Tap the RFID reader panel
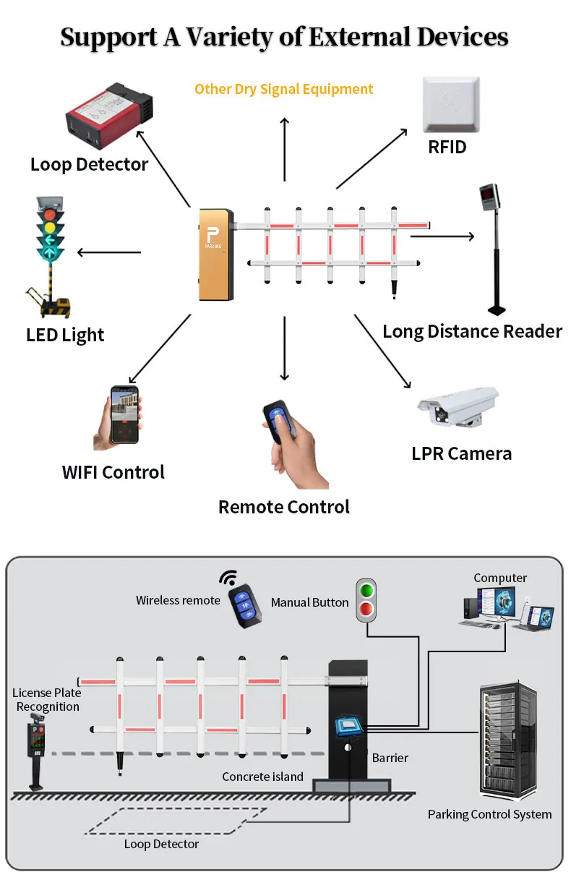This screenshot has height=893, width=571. coord(450,106)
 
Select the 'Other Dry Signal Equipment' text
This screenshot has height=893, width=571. coord(283,90)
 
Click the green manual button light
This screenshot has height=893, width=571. coord(367,589)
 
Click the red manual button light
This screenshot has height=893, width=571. coord(367,610)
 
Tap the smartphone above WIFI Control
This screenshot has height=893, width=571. coord(124,415)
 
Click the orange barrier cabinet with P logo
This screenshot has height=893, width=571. coord(216,255)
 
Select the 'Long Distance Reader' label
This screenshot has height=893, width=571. coord(472,332)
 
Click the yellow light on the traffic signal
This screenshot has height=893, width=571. coord(50,228)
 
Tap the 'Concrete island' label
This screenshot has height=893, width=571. coord(262,777)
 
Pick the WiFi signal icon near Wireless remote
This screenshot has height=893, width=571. coord(229,578)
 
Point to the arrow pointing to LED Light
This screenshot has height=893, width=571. coord(108,252)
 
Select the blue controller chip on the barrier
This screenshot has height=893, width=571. coord(348,727)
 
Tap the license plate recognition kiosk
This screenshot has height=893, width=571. coord(35,749)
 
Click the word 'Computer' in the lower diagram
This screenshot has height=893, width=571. coord(500,578)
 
